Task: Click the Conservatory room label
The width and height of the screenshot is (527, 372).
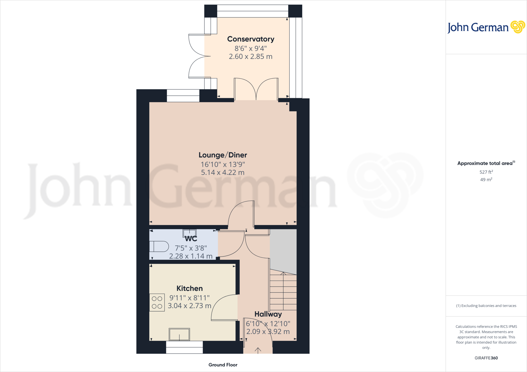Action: pyautogui.click(x=251, y=39)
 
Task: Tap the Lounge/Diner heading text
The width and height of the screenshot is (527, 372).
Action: pyautogui.click(x=223, y=155)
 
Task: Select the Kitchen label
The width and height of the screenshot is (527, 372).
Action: pyautogui.click(x=189, y=288)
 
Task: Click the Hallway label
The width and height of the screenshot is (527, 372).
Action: pyautogui.click(x=268, y=314)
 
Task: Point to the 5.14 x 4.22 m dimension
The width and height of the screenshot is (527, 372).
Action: pyautogui.click(x=223, y=172)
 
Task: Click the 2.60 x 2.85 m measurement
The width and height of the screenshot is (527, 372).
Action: pyautogui.click(x=251, y=57)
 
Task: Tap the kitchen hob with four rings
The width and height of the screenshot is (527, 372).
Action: pyautogui.click(x=157, y=302)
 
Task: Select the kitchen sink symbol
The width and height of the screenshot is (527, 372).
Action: pyautogui.click(x=179, y=334)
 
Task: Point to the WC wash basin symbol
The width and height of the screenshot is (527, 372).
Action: pyautogui.click(x=189, y=233)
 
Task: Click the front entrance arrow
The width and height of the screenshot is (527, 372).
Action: pyautogui.click(x=258, y=350)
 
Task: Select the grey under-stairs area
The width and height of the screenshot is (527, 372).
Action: pyautogui.click(x=283, y=250)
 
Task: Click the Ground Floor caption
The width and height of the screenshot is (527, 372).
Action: pyautogui.click(x=223, y=365)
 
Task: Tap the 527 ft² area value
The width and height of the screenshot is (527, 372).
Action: pyautogui.click(x=486, y=172)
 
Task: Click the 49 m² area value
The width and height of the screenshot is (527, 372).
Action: pyautogui.click(x=486, y=180)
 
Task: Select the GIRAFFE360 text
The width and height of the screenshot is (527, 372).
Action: pyautogui.click(x=486, y=358)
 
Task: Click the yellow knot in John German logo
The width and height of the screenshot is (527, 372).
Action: pyautogui.click(x=517, y=27)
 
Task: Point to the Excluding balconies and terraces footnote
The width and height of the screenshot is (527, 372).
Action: pyautogui.click(x=486, y=306)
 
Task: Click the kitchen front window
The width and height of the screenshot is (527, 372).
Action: pyautogui.click(x=184, y=347)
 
